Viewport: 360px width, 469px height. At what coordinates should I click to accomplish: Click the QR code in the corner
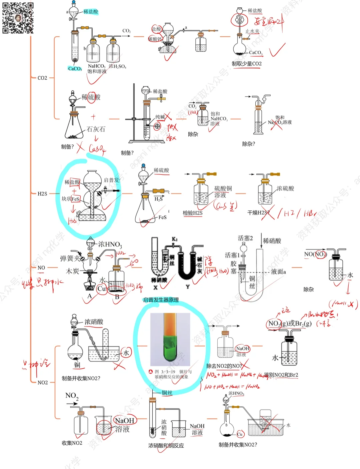(18, 18)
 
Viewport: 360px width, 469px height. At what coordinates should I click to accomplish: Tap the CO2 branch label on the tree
(42, 78)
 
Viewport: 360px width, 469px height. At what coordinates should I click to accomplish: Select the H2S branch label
(42, 194)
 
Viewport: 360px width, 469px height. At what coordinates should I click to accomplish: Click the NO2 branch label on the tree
(43, 383)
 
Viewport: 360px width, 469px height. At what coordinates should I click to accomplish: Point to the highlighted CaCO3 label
(75, 69)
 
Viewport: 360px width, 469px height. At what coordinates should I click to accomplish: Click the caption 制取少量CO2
(247, 64)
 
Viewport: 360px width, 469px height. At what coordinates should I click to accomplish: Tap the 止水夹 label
(252, 31)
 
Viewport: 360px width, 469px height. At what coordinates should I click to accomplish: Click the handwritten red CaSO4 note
(97, 149)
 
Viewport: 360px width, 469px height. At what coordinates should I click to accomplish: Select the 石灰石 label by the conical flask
(96, 129)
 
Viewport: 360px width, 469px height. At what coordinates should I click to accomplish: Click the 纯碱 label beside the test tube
(160, 117)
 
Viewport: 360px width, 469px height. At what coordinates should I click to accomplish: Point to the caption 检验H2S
(193, 213)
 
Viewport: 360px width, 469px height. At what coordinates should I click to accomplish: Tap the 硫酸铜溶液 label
(223, 192)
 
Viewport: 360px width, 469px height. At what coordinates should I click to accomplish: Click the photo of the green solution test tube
(170, 339)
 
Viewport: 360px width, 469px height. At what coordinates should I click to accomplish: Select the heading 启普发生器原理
(161, 300)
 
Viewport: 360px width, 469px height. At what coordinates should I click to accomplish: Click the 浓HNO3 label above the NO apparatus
(110, 245)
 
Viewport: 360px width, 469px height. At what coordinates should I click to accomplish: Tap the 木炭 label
(72, 271)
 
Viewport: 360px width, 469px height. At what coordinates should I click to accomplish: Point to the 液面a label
(278, 272)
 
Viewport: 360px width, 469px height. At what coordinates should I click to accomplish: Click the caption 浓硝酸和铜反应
(166, 446)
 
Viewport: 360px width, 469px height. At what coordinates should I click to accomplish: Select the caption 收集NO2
(72, 443)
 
